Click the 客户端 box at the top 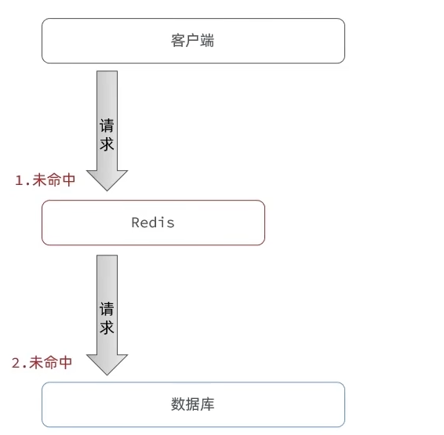193,41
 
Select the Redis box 153,223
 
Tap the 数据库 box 193,404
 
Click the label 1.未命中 45,179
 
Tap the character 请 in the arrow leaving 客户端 107,126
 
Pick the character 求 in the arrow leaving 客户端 107,144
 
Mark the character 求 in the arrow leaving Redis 107,328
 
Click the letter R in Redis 136,223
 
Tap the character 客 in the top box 178,41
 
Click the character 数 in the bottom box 178,404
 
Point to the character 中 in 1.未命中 68,179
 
